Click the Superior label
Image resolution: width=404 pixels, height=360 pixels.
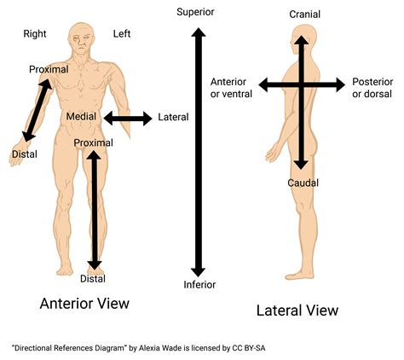(x=195, y=12)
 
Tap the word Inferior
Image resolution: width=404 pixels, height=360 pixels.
(x=199, y=285)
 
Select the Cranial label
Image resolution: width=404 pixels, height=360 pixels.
(x=305, y=15)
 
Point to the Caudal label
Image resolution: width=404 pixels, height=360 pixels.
(x=303, y=183)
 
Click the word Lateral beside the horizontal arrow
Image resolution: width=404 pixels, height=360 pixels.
(x=173, y=117)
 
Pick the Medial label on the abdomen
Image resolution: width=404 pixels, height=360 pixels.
(x=81, y=116)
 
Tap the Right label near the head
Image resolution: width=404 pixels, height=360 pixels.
(x=35, y=34)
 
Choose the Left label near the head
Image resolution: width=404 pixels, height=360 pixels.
(x=122, y=34)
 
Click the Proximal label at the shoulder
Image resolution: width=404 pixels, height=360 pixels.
(x=49, y=69)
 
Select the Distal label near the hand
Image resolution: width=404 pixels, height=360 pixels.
(x=25, y=154)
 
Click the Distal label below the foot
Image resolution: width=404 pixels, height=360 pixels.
(x=93, y=279)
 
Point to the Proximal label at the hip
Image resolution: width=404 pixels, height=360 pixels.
(x=94, y=142)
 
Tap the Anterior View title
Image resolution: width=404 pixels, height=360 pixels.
(x=84, y=304)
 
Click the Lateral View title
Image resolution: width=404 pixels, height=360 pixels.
(x=297, y=311)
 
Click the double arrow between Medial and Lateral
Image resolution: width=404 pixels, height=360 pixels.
(x=128, y=119)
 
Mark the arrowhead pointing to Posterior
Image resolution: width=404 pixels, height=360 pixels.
(x=340, y=84)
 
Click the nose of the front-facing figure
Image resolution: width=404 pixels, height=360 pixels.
(x=82, y=43)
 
